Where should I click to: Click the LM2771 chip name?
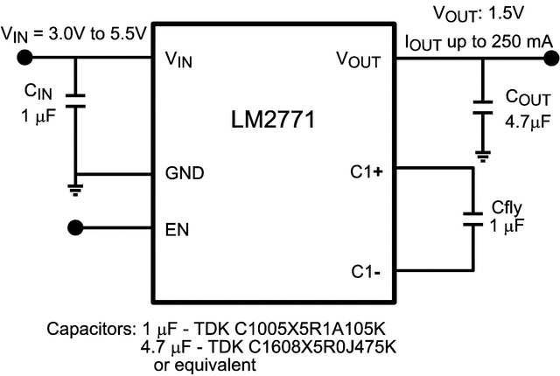pyautogui.click(x=273, y=120)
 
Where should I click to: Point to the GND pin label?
pyautogui.click(x=185, y=173)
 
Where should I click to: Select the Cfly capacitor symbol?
pyautogui.click(x=472, y=218)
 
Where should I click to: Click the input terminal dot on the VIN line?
pyautogui.click(x=25, y=59)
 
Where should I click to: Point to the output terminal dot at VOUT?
pyautogui.click(x=550, y=59)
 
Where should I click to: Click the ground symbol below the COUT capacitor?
pyautogui.click(x=481, y=156)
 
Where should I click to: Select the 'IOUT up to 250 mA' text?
pyautogui.click(x=478, y=41)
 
